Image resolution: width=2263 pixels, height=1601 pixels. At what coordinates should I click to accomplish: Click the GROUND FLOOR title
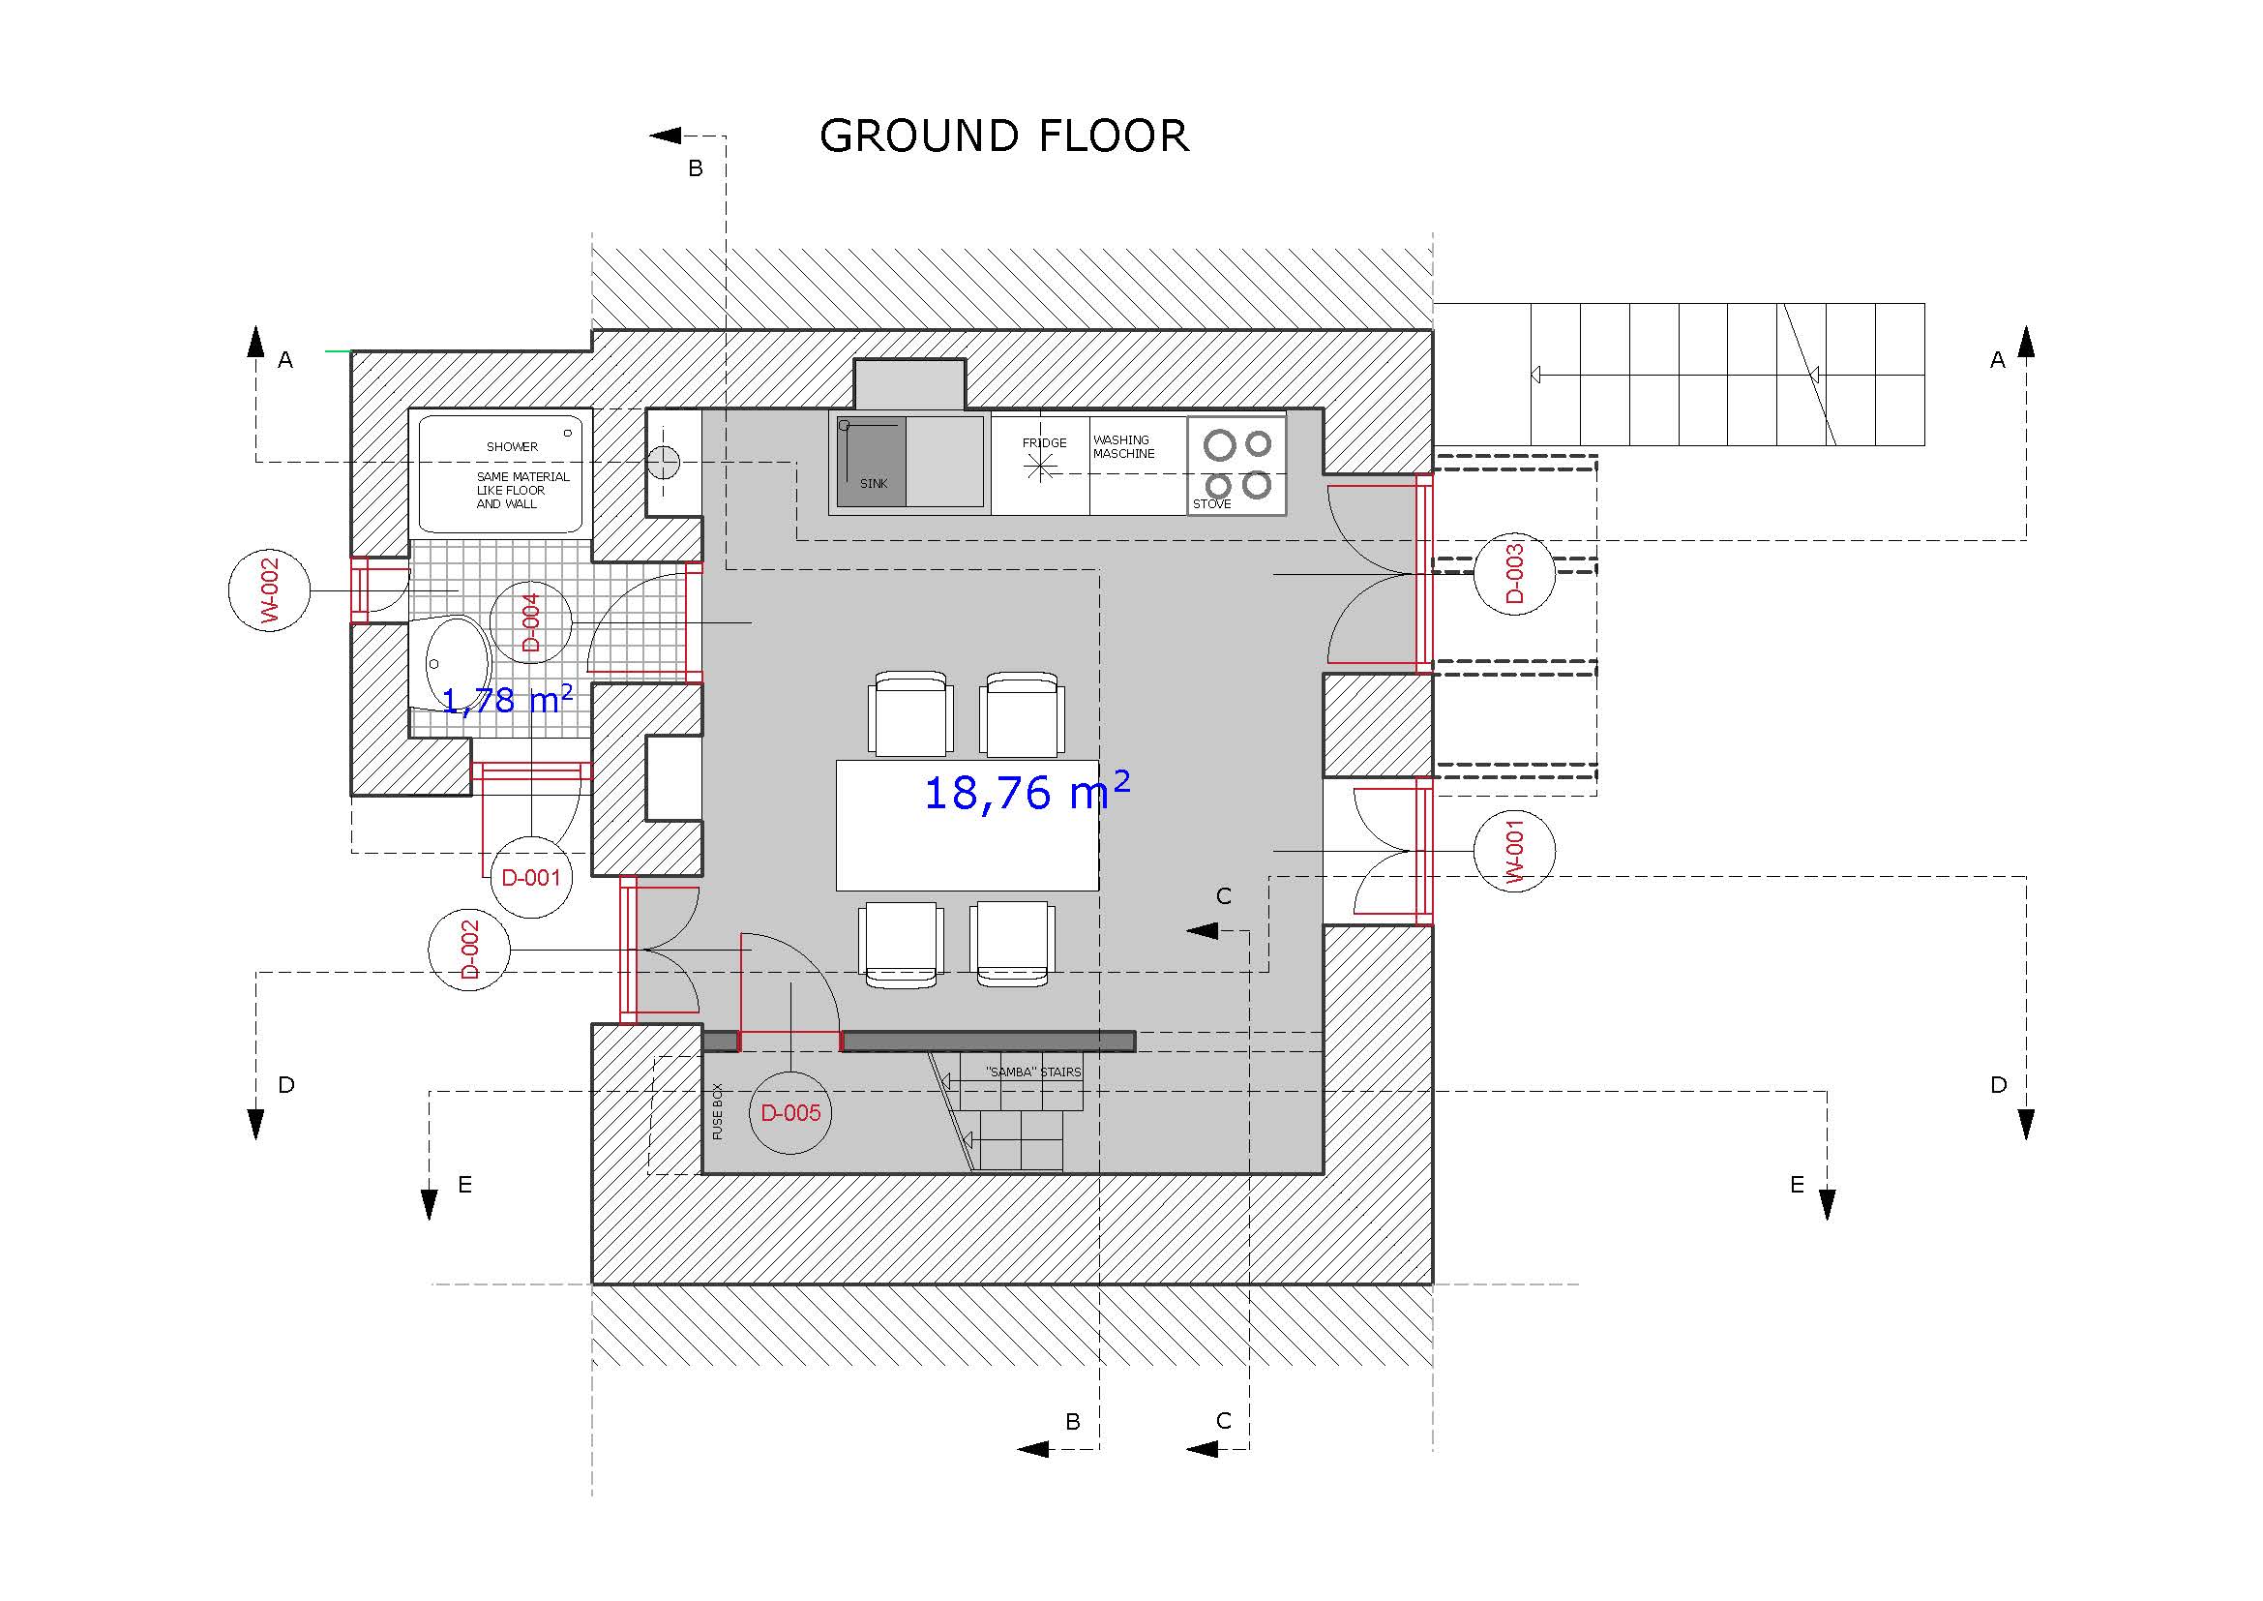click(1004, 136)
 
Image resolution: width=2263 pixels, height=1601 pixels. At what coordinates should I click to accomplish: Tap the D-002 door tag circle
click(469, 950)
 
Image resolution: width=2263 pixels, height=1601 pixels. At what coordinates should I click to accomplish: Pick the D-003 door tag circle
click(1515, 574)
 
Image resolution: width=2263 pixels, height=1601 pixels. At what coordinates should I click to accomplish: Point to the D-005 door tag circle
click(790, 1113)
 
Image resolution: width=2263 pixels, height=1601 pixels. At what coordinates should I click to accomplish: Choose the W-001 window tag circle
click(1515, 851)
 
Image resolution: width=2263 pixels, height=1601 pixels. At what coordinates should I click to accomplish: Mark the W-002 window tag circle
click(269, 590)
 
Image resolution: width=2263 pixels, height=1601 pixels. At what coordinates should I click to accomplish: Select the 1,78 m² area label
click(507, 699)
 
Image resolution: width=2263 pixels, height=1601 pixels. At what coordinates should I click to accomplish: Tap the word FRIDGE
click(1044, 442)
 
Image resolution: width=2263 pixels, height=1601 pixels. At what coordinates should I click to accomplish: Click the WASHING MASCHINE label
click(1123, 446)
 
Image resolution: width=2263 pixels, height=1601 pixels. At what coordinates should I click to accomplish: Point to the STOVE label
click(1211, 503)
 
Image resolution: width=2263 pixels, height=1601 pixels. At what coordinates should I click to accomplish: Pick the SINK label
click(874, 483)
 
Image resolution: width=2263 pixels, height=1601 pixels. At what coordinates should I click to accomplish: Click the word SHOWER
click(512, 446)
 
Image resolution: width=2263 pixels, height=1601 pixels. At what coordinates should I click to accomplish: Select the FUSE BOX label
click(718, 1112)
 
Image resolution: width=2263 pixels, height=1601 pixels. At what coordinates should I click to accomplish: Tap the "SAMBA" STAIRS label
click(1033, 1072)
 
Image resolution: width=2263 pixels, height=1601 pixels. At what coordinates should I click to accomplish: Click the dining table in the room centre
click(967, 825)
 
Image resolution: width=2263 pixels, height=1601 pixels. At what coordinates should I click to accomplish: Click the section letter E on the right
click(1797, 1185)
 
